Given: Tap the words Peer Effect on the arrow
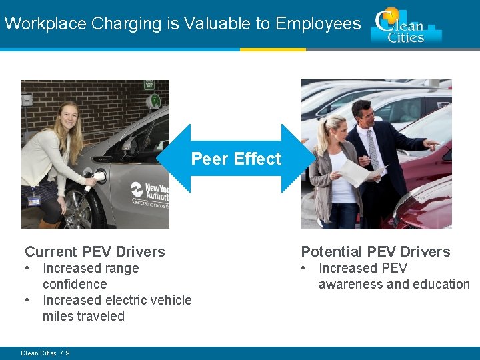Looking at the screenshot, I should pyautogui.click(x=236, y=159).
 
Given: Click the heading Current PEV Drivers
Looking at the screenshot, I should pyautogui.click(x=95, y=251).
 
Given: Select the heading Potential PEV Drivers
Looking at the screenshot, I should pyautogui.click(x=375, y=251).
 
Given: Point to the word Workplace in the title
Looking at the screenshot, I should pyautogui.click(x=45, y=24).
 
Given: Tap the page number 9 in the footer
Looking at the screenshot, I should pyautogui.click(x=68, y=353).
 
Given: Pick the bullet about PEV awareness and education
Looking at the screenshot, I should pyautogui.click(x=393, y=276).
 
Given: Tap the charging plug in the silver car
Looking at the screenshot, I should pyautogui.click(x=98, y=177).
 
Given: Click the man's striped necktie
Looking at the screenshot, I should pyautogui.click(x=373, y=151).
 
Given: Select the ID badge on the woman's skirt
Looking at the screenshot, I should pyautogui.click(x=34, y=200).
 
